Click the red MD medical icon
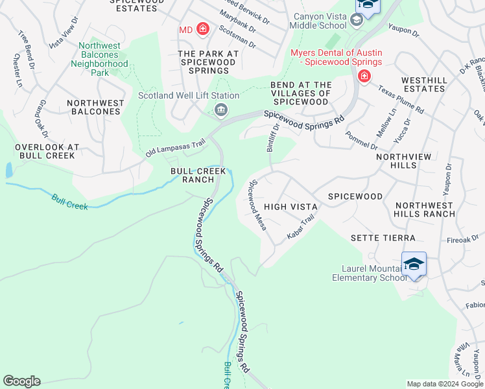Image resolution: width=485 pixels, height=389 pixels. (202, 29)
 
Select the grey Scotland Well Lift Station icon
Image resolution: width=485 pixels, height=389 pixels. (220, 110)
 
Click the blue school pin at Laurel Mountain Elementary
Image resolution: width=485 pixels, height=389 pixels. (414, 265)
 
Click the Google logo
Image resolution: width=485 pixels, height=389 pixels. (21, 381)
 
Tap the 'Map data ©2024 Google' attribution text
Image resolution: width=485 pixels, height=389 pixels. (444, 384)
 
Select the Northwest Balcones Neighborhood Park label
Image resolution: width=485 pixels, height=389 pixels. (99, 59)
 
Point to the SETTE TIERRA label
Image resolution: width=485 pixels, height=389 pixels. (383, 238)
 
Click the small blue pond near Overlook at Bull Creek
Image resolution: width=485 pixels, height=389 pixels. (9, 171)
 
